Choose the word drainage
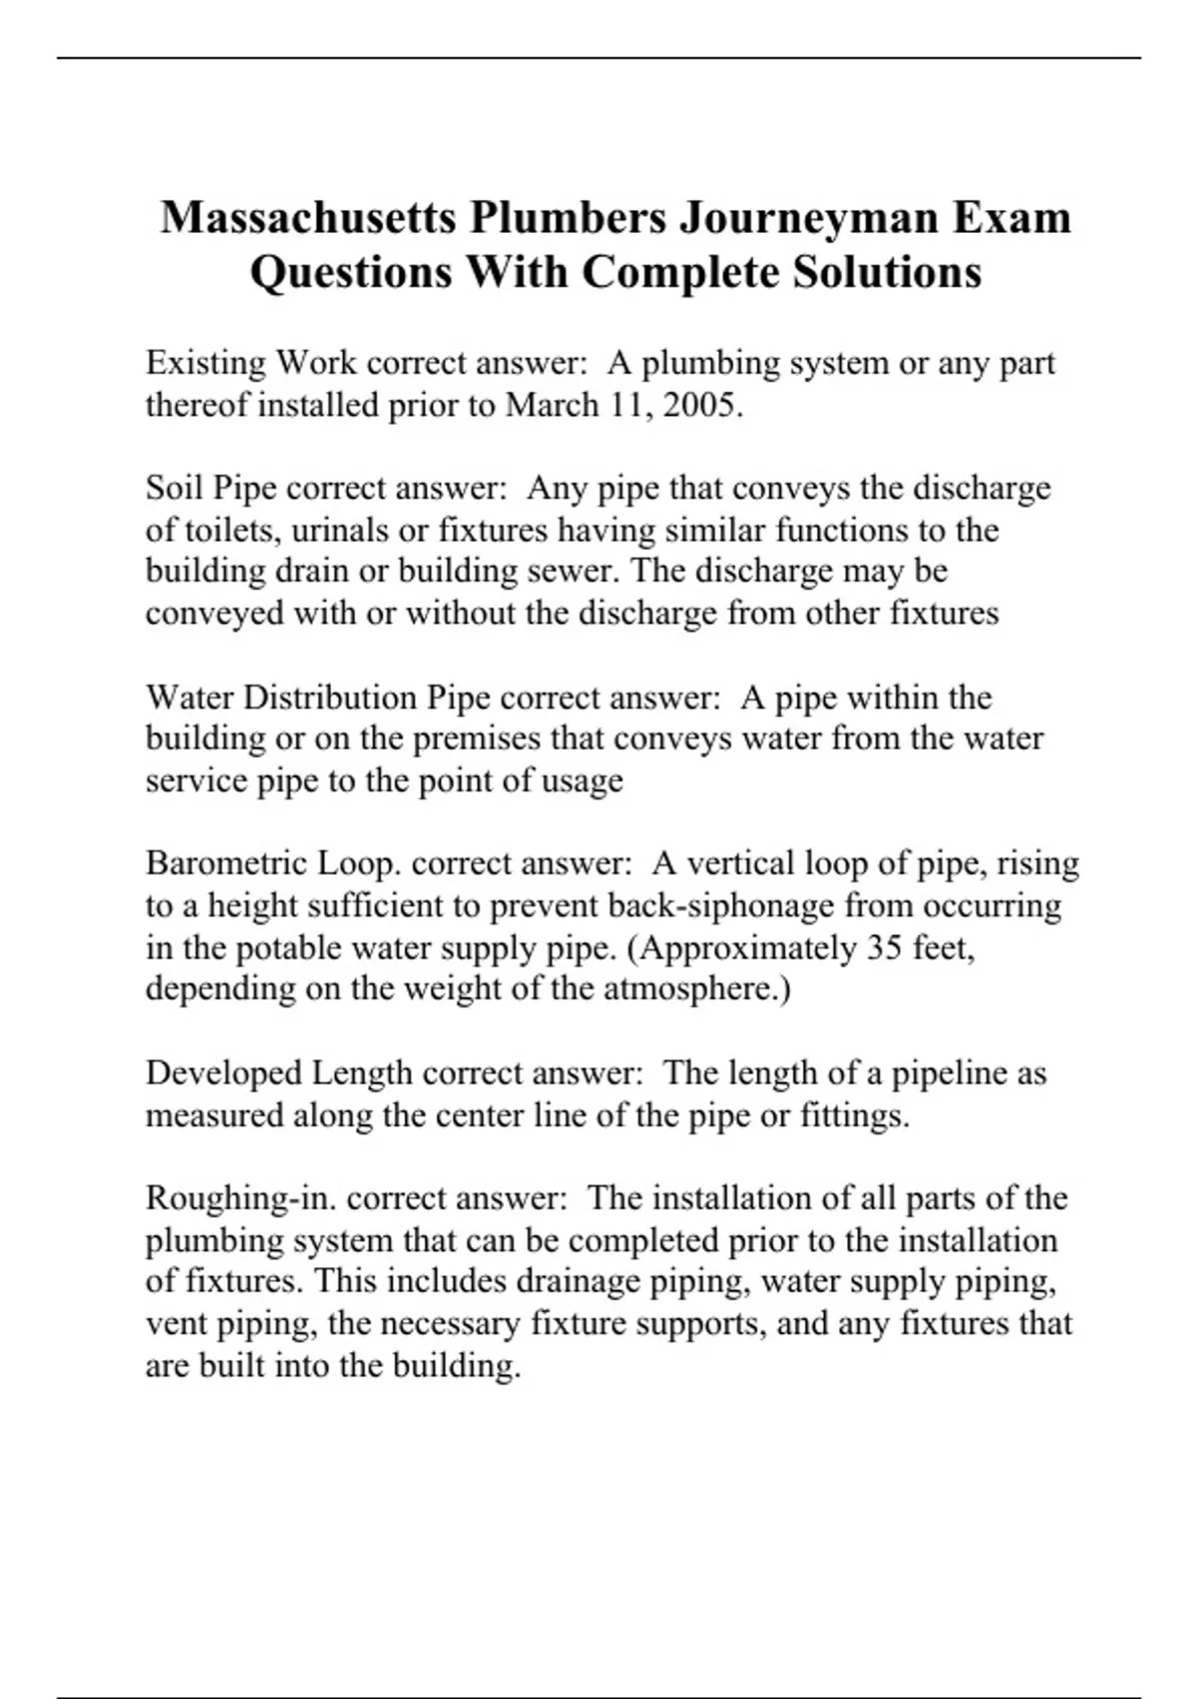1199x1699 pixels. [579, 1281]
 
